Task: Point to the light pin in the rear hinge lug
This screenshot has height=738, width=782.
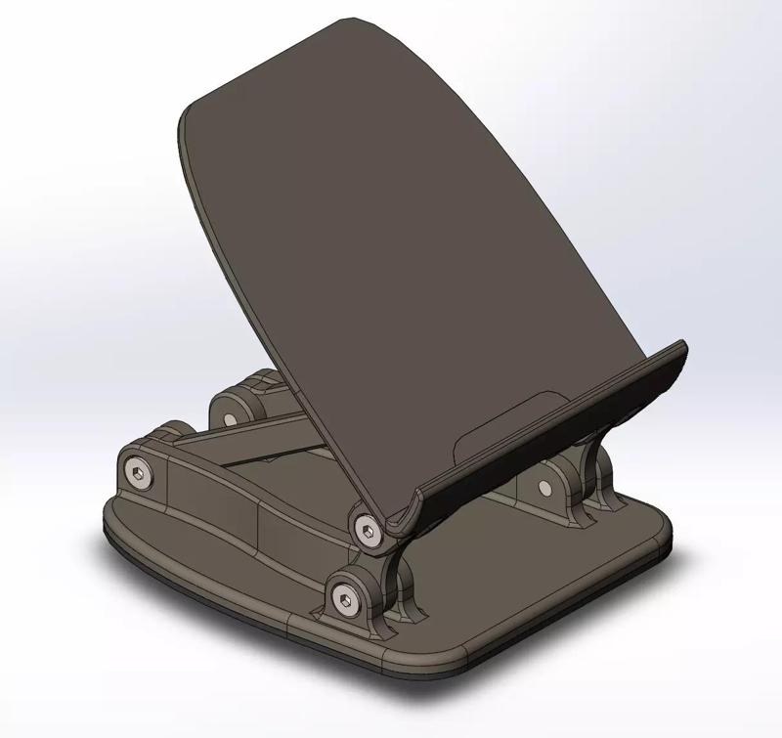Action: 230,418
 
